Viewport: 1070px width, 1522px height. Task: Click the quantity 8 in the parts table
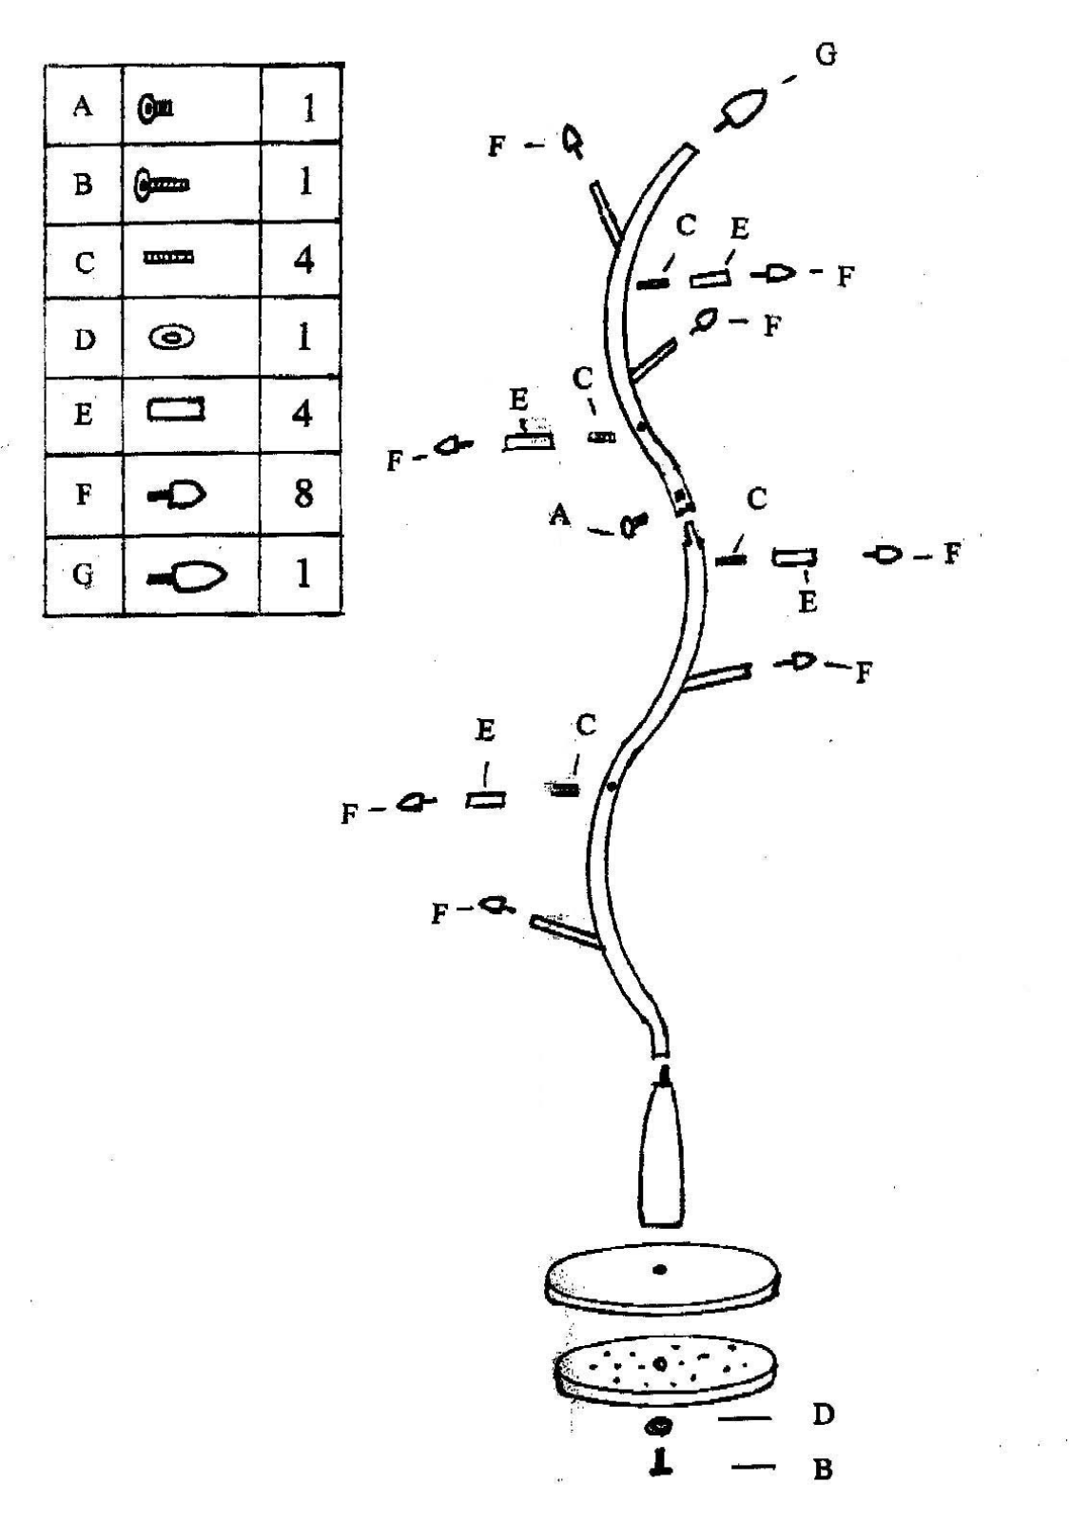[x=303, y=493]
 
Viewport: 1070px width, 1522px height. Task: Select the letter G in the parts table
[x=83, y=576]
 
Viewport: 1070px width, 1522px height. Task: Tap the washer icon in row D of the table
[x=172, y=337]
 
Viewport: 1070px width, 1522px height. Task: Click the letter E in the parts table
[x=84, y=414]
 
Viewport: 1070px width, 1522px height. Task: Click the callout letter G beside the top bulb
[x=826, y=54]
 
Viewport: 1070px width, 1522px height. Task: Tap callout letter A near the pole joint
[x=560, y=517]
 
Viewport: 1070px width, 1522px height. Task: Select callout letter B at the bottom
[x=823, y=1469]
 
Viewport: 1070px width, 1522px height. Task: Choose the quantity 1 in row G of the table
[x=303, y=575]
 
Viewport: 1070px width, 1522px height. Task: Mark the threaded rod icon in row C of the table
[x=168, y=258]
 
